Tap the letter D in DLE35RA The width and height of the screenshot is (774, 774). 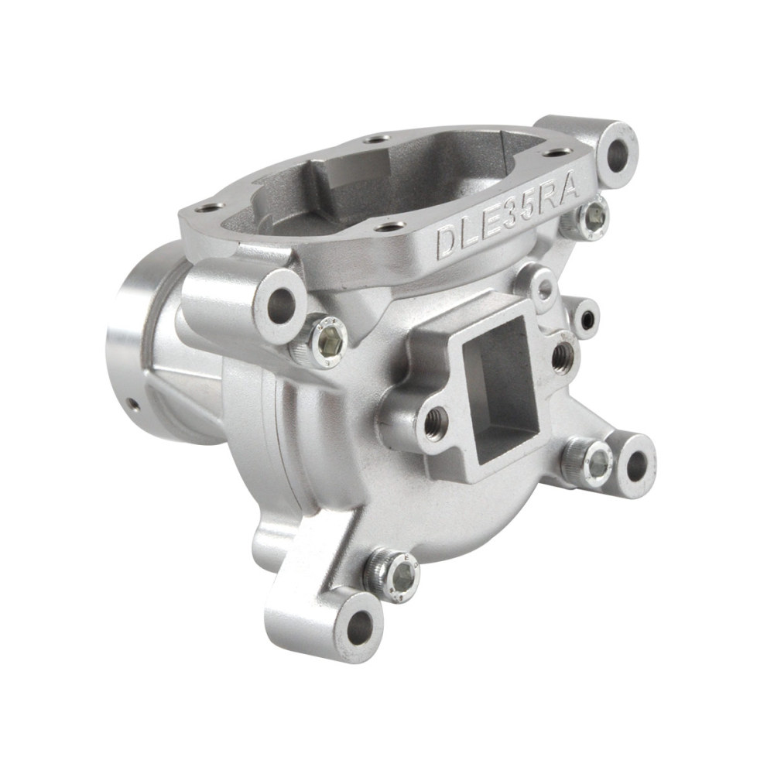click(x=447, y=242)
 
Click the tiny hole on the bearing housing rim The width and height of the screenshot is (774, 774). click(x=134, y=403)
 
